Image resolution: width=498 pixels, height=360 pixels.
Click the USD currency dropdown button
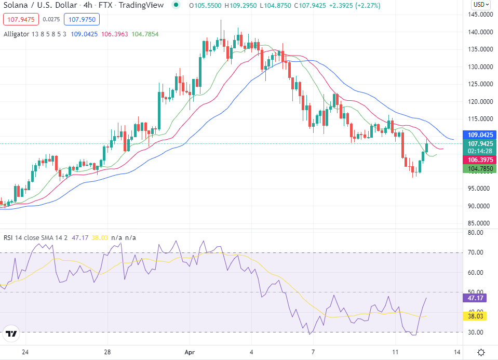click(480, 5)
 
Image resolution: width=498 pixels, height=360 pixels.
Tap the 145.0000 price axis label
click(480, 15)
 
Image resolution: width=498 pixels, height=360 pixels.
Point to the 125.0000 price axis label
click(480, 84)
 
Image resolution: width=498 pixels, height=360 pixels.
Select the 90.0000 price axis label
click(480, 206)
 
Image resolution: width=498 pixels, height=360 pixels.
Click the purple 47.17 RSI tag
click(473, 298)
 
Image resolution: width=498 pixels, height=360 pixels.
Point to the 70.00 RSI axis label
click(475, 252)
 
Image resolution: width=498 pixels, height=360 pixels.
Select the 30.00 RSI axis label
click(475, 332)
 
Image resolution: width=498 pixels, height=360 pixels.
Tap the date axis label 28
click(107, 352)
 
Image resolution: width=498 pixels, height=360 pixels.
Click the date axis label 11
click(396, 352)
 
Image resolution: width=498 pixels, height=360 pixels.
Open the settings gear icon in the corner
click(481, 352)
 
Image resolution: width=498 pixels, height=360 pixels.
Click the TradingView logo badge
click(11, 334)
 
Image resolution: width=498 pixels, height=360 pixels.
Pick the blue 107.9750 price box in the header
click(82, 20)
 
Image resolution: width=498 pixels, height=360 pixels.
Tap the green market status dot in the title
click(177, 5)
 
